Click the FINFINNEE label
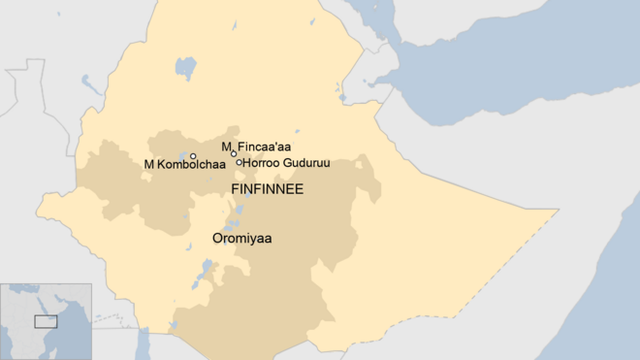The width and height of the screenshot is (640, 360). point(267,189)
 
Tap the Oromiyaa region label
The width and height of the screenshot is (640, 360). point(241,238)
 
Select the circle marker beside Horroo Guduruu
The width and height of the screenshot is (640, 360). point(240,162)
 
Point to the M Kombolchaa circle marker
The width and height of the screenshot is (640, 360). point(193,156)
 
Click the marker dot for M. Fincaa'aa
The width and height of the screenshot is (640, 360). point(234,153)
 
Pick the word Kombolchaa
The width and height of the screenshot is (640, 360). point(191,164)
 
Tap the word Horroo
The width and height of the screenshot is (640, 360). point(261,163)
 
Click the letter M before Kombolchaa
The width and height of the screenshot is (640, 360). point(148,164)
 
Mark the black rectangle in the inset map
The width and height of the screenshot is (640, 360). point(45,321)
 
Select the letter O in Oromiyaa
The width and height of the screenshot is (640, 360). point(217,238)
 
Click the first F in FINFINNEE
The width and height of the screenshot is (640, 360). point(234,189)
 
